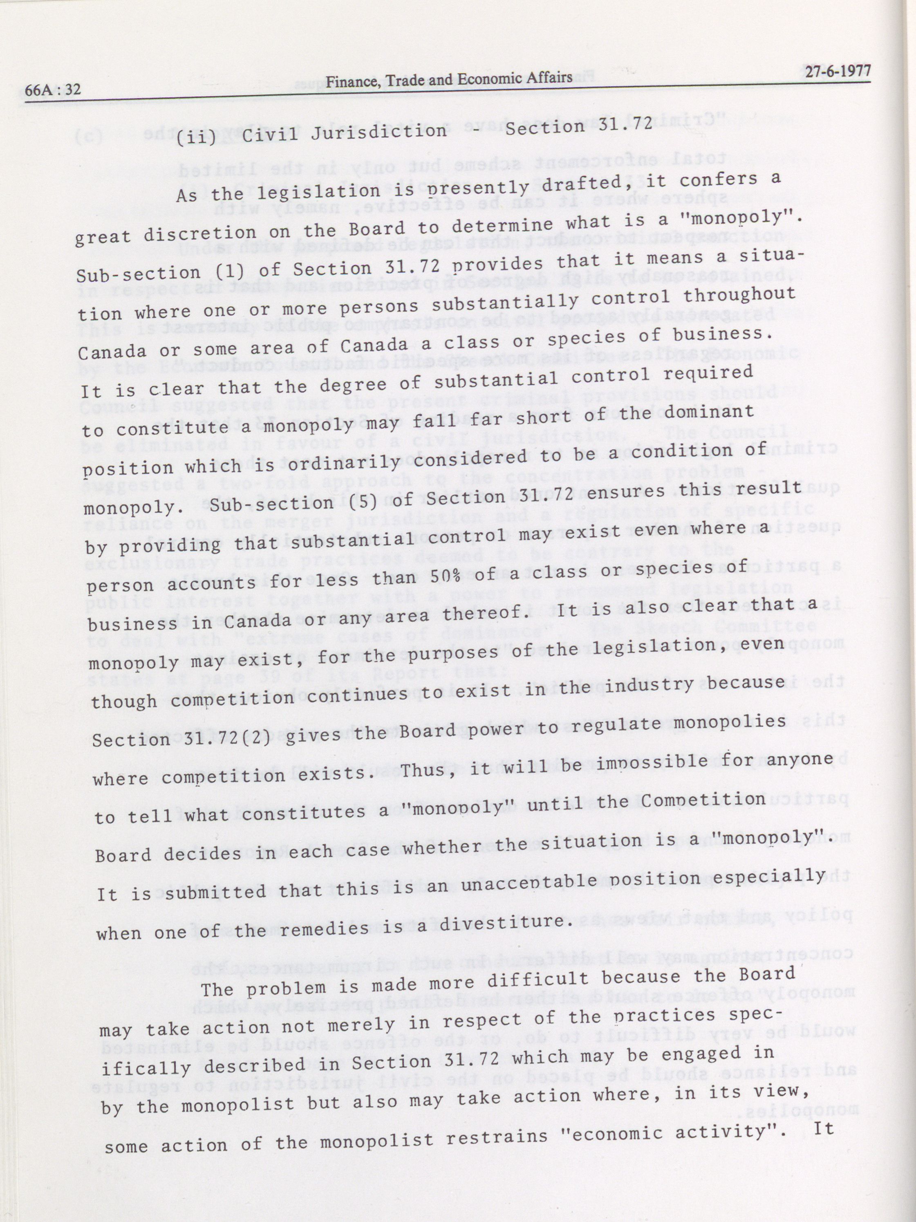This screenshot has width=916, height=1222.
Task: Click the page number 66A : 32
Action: click(x=54, y=90)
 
